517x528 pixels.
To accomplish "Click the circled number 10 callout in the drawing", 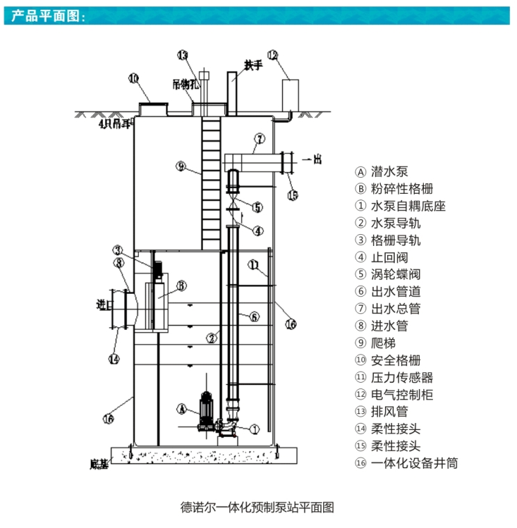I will (133, 79).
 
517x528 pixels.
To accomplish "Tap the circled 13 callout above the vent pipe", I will (182, 55).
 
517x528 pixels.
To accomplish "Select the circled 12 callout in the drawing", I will (272, 55).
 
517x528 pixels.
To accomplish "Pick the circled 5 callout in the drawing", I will (257, 207).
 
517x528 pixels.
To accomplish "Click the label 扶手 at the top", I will (254, 65).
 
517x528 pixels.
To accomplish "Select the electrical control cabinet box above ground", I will (290, 94).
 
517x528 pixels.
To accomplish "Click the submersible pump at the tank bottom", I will (206, 411).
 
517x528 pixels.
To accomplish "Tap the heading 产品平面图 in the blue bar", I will (49, 16).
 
